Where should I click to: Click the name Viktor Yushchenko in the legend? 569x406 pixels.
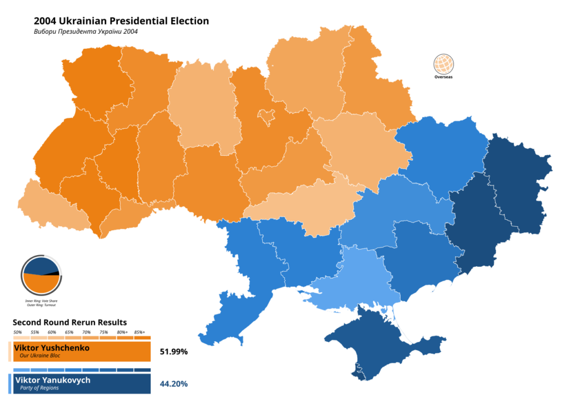point(52,348)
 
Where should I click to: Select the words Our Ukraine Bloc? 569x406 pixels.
point(40,356)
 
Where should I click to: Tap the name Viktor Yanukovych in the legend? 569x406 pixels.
point(53,380)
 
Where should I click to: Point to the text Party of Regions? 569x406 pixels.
point(39,388)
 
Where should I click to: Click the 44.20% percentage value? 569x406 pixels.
point(173,384)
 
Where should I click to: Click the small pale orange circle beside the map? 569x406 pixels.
point(443,64)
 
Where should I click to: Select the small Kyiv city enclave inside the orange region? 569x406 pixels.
point(267,115)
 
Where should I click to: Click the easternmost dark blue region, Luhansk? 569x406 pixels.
point(517,177)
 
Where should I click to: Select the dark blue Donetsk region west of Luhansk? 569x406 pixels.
point(472,227)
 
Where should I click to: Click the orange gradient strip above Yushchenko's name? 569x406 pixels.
point(82,337)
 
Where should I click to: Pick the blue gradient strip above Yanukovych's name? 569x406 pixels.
point(82,370)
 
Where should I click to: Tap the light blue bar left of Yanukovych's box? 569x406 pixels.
point(10,384)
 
